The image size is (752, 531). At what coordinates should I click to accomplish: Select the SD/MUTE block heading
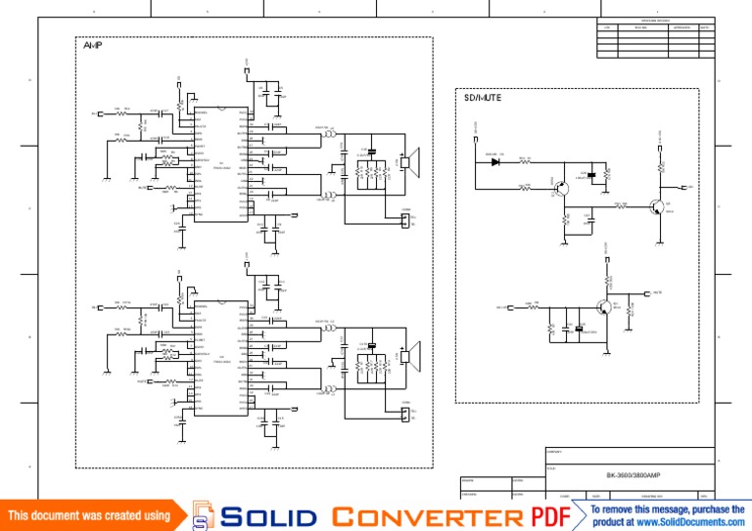(x=483, y=97)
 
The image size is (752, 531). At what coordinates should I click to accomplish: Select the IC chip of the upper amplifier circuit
(x=220, y=162)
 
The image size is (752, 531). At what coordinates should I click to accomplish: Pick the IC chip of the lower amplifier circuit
(x=220, y=356)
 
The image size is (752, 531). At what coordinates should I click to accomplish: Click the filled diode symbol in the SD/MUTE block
(x=495, y=159)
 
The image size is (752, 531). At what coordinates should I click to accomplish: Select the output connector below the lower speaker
(x=403, y=414)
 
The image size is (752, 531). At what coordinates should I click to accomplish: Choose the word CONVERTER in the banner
(x=428, y=516)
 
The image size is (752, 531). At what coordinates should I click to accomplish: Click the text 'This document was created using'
(x=89, y=515)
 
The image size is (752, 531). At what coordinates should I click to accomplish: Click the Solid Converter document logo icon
(x=203, y=515)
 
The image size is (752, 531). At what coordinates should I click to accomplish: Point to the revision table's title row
(x=655, y=20)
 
